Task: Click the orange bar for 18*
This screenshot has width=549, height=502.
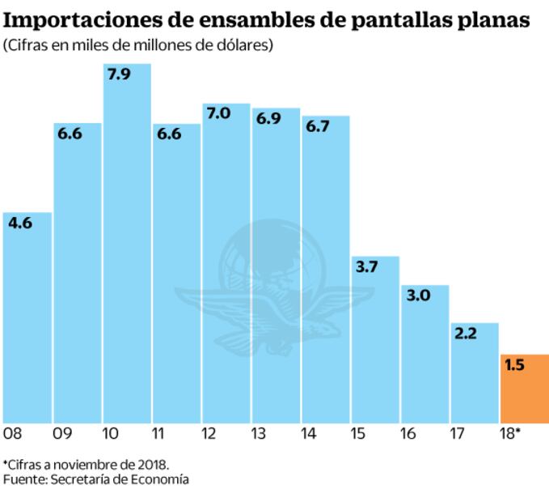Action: (x=525, y=389)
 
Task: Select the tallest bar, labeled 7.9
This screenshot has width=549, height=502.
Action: (x=127, y=243)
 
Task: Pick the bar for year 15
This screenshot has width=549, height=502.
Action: (x=375, y=340)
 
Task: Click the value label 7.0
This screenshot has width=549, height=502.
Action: (x=218, y=113)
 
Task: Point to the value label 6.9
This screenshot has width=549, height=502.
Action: (x=268, y=118)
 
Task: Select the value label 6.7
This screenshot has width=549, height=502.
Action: (x=318, y=125)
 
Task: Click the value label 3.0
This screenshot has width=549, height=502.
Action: (x=419, y=296)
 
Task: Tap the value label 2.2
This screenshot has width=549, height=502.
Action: (x=467, y=333)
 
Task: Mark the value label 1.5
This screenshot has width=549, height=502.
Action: (x=515, y=365)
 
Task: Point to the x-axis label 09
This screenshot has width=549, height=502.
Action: (x=61, y=434)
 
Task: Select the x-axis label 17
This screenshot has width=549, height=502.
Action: (x=458, y=434)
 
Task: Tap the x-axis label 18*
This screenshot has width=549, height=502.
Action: (x=509, y=434)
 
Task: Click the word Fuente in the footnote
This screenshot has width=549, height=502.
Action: (x=24, y=479)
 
